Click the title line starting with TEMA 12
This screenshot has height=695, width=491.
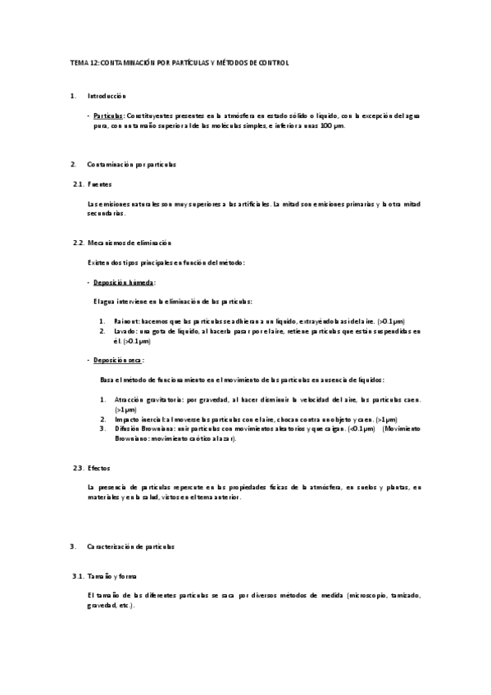pos(180,62)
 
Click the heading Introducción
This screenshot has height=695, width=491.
pos(107,97)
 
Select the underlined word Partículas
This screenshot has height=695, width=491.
pos(108,116)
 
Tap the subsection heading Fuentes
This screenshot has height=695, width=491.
pos(100,184)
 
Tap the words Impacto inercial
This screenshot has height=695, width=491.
pos(139,419)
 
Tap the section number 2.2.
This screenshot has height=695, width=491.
pos(78,243)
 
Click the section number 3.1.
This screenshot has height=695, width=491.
pos(78,576)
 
